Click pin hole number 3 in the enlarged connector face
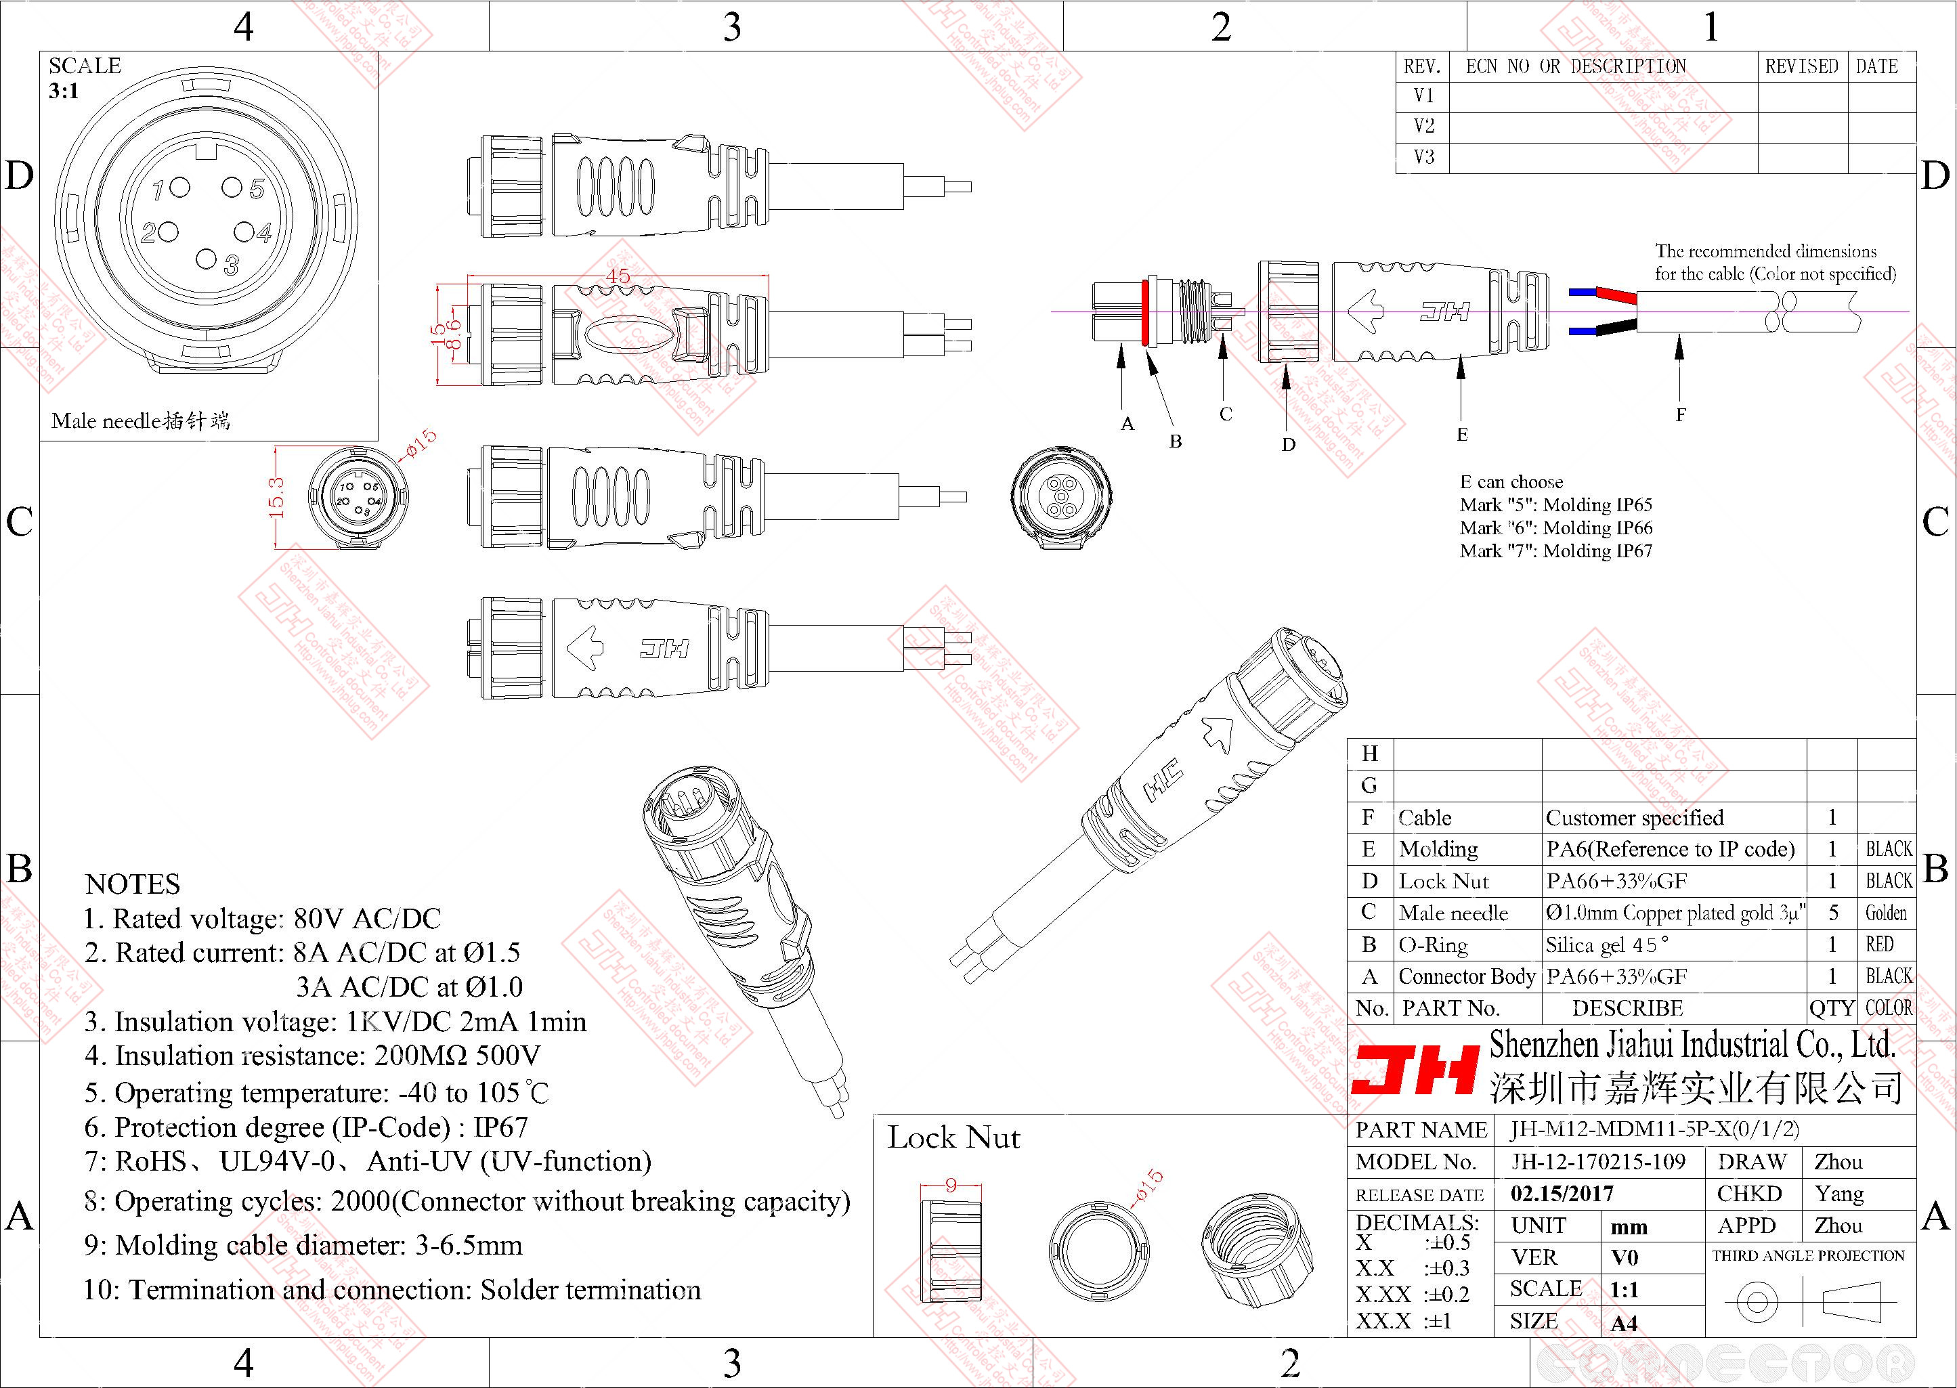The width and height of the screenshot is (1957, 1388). tap(206, 259)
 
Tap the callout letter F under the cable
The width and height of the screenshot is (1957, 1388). tap(1680, 415)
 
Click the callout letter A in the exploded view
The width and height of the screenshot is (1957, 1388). tap(1127, 424)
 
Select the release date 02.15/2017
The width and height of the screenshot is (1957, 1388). tap(1562, 1193)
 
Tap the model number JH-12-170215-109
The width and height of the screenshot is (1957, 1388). tap(1598, 1161)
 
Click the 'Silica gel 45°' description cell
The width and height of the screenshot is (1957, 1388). tap(1607, 945)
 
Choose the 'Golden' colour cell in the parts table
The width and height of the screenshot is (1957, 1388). tap(1885, 913)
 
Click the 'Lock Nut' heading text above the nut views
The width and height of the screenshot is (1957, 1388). tap(953, 1137)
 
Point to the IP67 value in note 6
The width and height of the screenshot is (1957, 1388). tap(501, 1127)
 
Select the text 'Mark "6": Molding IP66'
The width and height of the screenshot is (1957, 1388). tap(1555, 528)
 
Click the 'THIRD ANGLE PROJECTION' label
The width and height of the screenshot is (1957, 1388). tap(1808, 1255)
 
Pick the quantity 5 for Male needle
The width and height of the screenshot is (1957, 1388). tap(1832, 913)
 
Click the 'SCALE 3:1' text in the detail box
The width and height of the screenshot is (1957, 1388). tap(85, 78)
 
